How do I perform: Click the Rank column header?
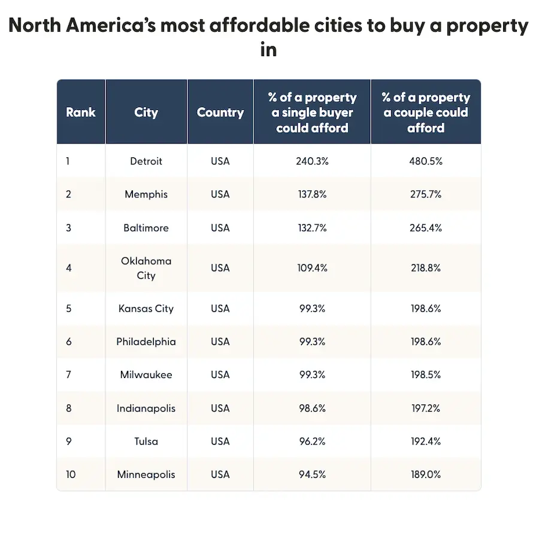click(x=80, y=112)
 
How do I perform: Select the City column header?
click(x=146, y=112)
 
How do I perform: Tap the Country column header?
click(x=220, y=112)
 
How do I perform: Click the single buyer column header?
click(x=312, y=112)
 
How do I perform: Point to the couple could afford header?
click(x=426, y=112)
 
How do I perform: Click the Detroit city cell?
click(x=146, y=161)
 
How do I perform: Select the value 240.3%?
click(x=311, y=161)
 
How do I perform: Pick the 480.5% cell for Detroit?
click(x=425, y=161)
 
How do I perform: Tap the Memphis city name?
click(x=146, y=194)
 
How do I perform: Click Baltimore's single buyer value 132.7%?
click(x=311, y=228)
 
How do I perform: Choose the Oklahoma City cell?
click(x=146, y=268)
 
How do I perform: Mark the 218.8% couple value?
click(x=425, y=268)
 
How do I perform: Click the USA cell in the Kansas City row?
click(x=220, y=309)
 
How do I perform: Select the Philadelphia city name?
click(x=146, y=342)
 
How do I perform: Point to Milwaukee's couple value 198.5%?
click(x=425, y=375)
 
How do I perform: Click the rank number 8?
click(x=69, y=409)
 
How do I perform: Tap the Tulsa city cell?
click(x=146, y=441)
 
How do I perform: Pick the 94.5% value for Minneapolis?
click(x=311, y=474)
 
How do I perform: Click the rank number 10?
click(x=71, y=474)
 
